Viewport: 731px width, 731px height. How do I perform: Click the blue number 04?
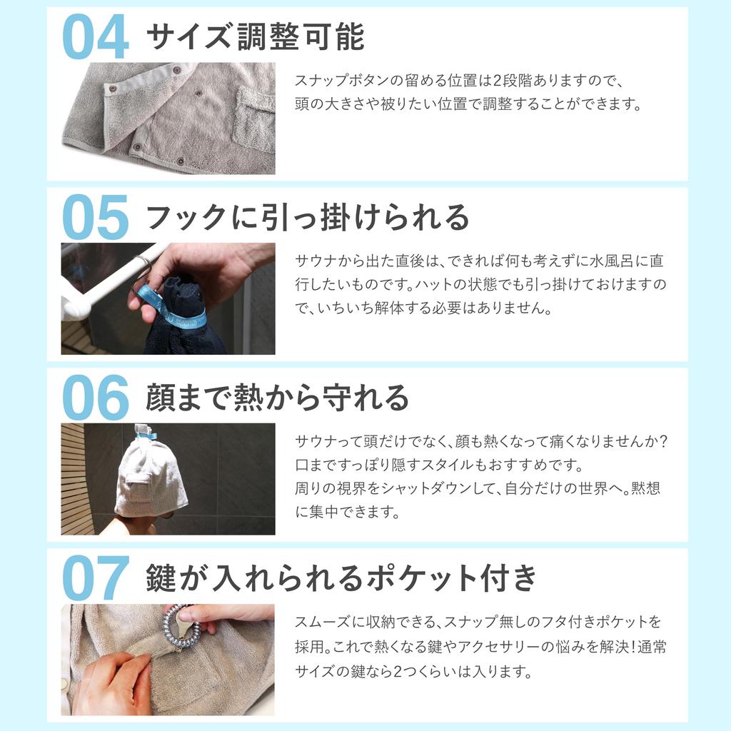[96, 37]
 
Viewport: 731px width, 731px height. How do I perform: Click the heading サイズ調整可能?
[255, 37]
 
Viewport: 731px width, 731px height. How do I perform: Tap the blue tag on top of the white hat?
[146, 432]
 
